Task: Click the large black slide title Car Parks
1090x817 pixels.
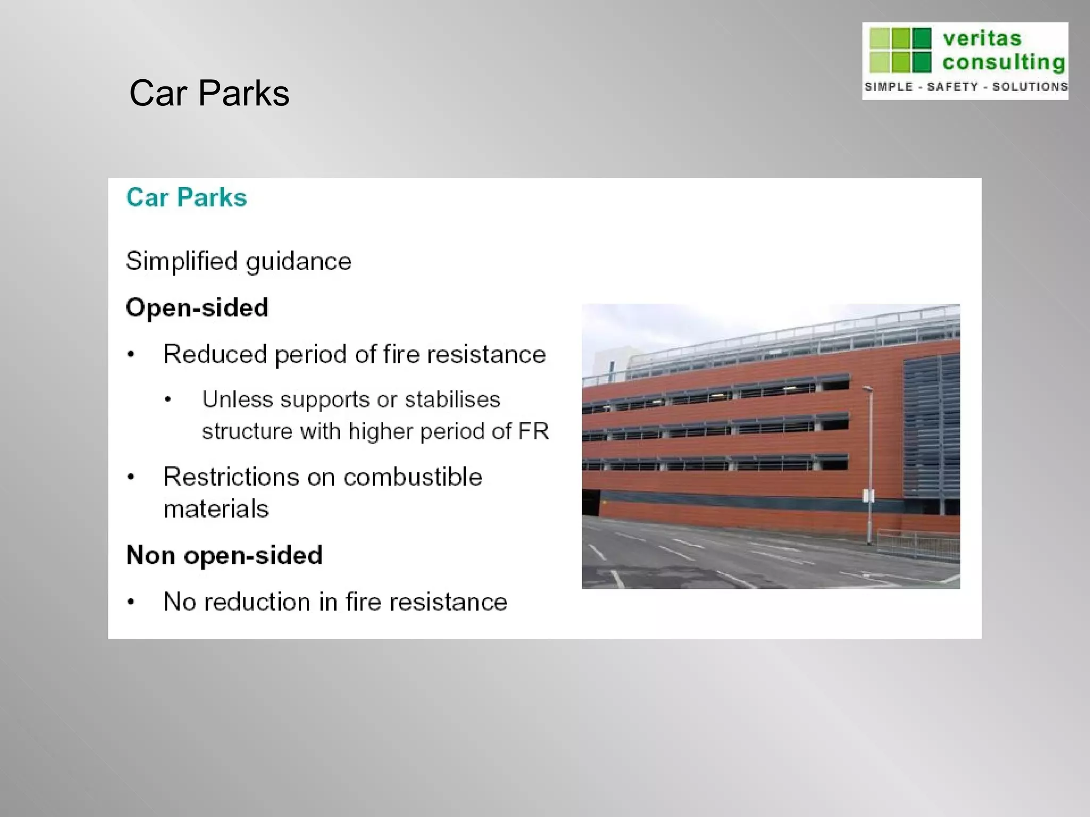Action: click(209, 94)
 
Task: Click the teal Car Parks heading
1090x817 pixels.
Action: click(186, 198)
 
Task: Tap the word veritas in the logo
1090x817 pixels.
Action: click(982, 39)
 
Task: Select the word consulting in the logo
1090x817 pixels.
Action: click(1004, 63)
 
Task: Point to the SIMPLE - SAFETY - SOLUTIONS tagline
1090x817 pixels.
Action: click(965, 87)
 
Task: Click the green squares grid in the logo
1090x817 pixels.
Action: click(900, 50)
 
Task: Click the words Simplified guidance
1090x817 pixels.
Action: click(238, 262)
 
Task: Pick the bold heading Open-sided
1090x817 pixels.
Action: click(197, 308)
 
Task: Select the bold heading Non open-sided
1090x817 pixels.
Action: click(224, 555)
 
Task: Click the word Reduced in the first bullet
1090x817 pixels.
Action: click(215, 354)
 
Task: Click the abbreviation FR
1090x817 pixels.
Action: click(533, 431)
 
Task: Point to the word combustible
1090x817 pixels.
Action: click(412, 477)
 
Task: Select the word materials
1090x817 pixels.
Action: click(216, 509)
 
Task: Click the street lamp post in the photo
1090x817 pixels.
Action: click(869, 463)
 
